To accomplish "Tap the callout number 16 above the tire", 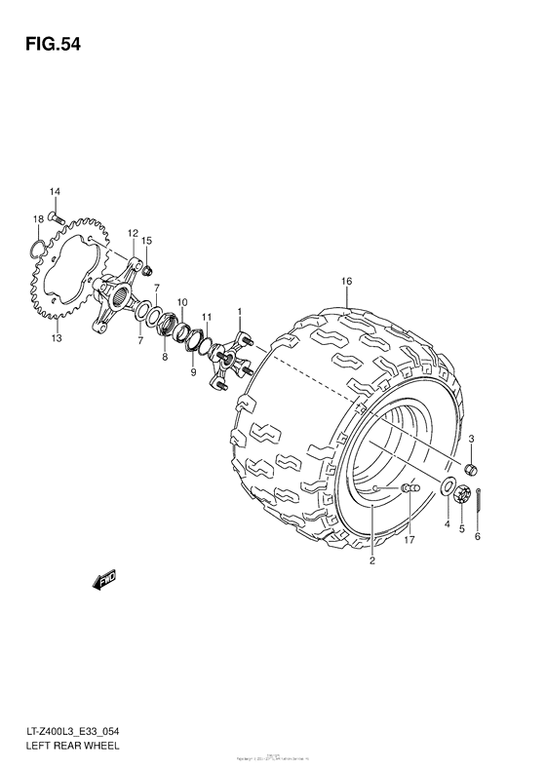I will click(x=345, y=282).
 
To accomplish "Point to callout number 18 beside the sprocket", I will click(x=37, y=218).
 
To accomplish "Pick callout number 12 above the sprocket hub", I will click(x=132, y=233).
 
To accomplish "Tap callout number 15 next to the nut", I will click(x=147, y=241).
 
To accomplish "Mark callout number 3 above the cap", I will click(x=471, y=439).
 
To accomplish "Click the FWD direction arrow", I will click(x=103, y=583).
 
